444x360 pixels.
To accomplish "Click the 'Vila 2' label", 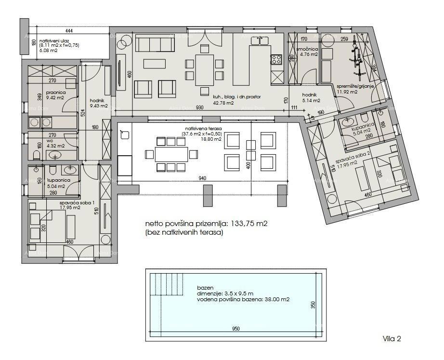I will [x=392, y=339].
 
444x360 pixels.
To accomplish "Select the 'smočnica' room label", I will [x=307, y=49].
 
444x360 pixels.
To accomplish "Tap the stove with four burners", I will [x=277, y=60].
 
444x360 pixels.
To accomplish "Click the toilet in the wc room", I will [x=37, y=154].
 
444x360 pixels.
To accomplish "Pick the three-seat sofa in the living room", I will [x=155, y=44].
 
